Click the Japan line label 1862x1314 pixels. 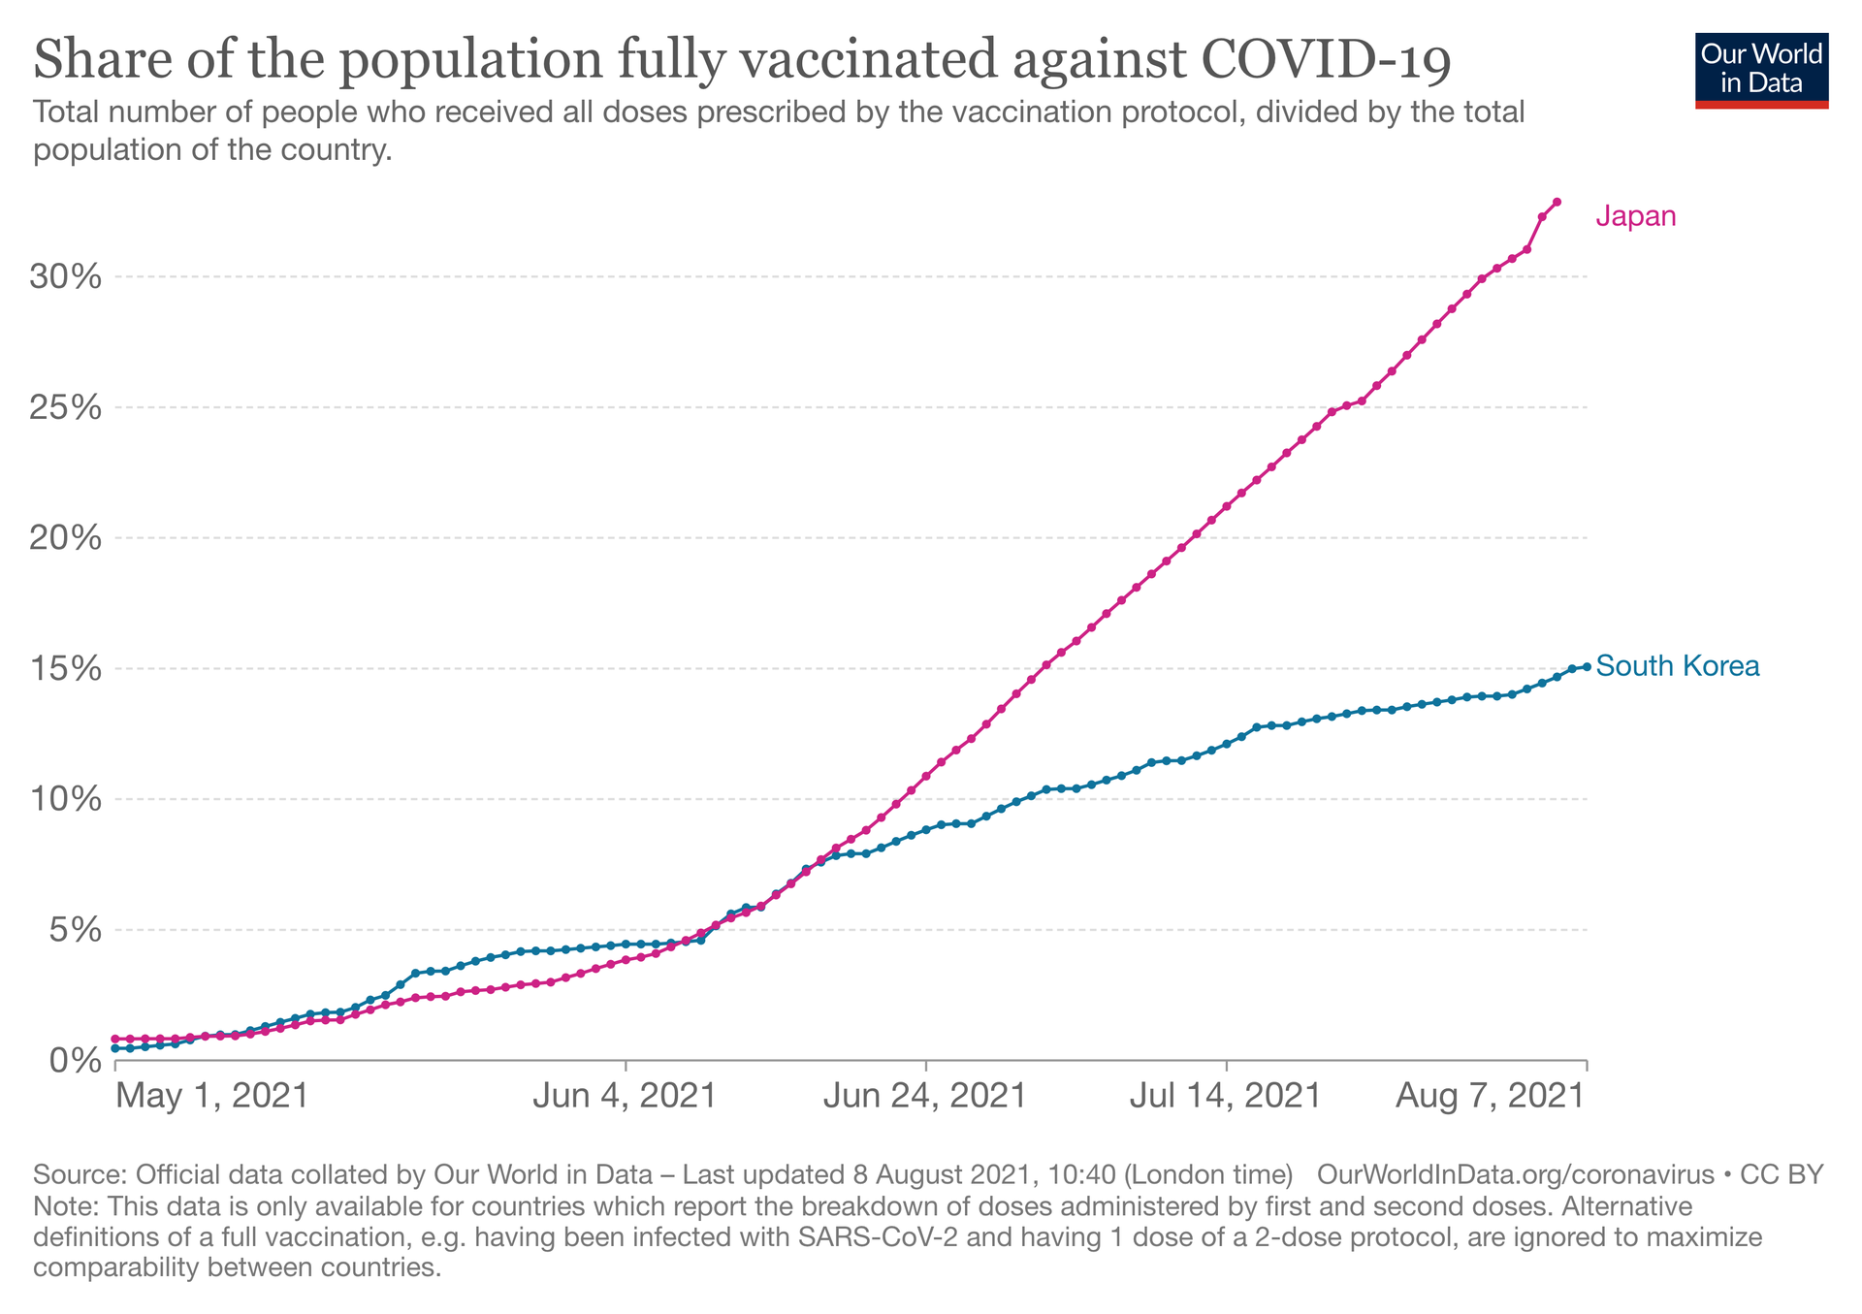click(x=1636, y=216)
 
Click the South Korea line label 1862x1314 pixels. click(x=1677, y=666)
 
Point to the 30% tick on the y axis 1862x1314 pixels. click(x=66, y=277)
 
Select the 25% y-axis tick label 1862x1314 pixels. click(x=66, y=407)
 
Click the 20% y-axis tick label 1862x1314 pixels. click(x=66, y=538)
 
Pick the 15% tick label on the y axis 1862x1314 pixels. click(x=66, y=669)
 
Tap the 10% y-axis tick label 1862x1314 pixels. click(x=66, y=800)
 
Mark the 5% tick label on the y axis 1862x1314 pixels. click(x=76, y=931)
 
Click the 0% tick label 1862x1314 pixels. click(x=76, y=1061)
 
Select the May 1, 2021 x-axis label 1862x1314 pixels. click(x=211, y=1096)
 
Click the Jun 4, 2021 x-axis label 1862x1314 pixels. click(x=626, y=1096)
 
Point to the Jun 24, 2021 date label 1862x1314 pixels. click(x=925, y=1096)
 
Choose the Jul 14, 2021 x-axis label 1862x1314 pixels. click(x=1226, y=1096)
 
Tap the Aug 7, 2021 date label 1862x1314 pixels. click(x=1491, y=1096)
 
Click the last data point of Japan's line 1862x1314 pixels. click(x=1557, y=202)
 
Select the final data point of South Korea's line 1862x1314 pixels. click(x=1587, y=666)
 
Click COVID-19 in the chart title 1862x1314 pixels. click(x=1326, y=60)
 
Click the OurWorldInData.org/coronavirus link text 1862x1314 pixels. click(x=1516, y=1175)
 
